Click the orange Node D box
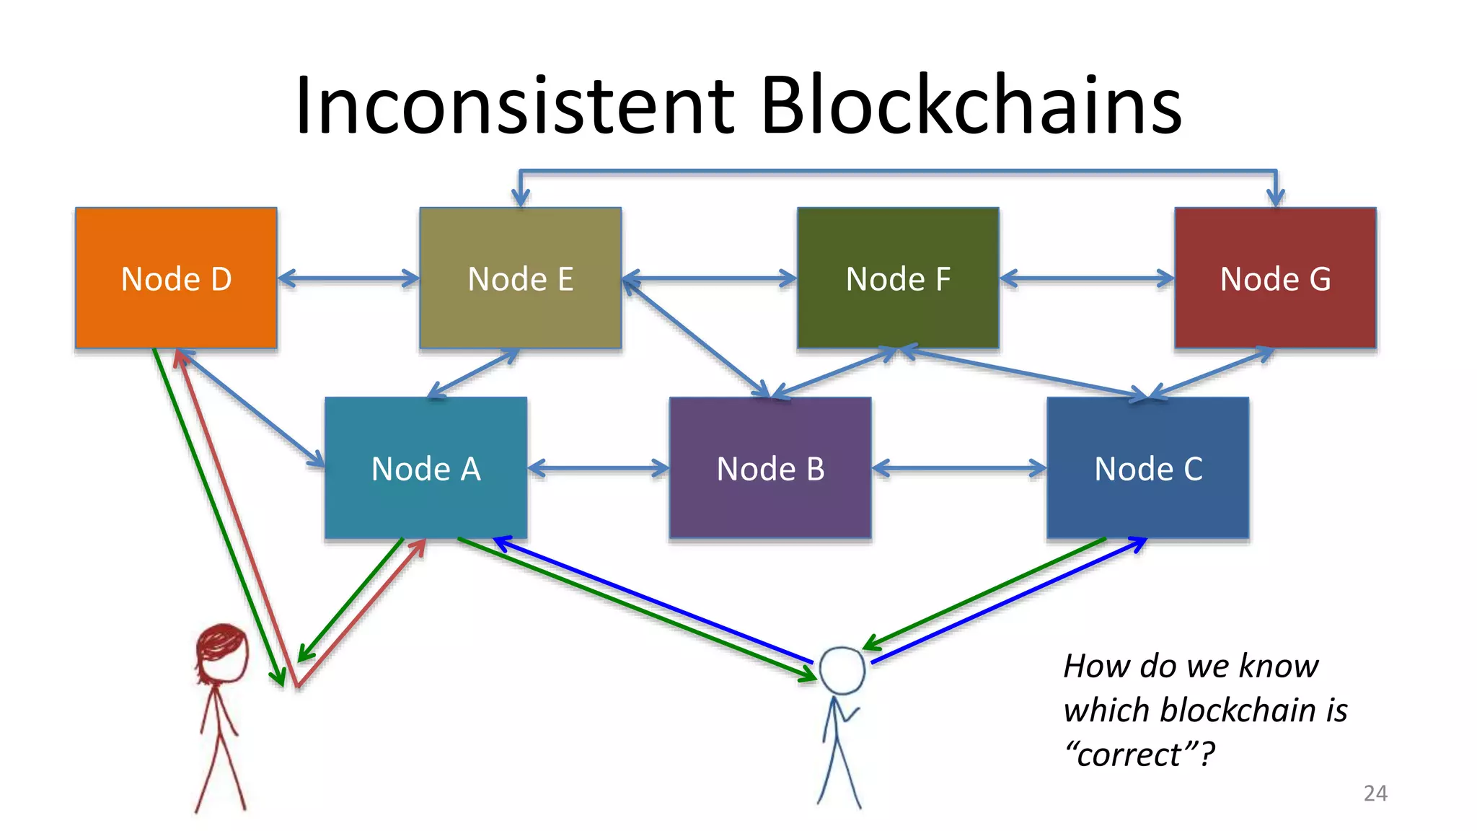click(x=176, y=278)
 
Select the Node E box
click(x=520, y=278)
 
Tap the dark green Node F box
click(x=898, y=278)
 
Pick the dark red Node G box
click(x=1275, y=278)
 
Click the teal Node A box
click(x=426, y=467)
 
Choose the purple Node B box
click(x=770, y=467)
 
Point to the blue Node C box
click(x=1147, y=467)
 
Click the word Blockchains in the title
click(x=971, y=105)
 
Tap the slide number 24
click(x=1375, y=793)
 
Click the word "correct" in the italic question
click(x=1131, y=755)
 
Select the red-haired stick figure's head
click(x=222, y=653)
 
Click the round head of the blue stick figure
click(x=842, y=670)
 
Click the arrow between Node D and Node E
click(x=348, y=278)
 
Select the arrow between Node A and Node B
click(x=598, y=468)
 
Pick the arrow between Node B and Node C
click(x=958, y=468)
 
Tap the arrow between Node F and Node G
click(x=1087, y=278)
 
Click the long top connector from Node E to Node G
click(x=898, y=172)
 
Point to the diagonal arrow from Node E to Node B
click(x=697, y=338)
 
